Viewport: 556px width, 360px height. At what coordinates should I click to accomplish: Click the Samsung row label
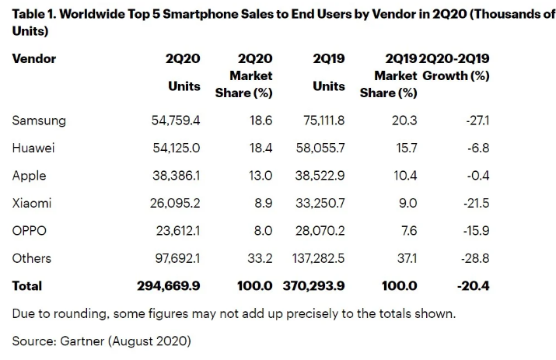39,121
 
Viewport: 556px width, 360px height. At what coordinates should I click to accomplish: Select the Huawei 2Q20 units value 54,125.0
175,148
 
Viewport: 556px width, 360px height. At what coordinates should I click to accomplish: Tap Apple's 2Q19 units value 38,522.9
320,176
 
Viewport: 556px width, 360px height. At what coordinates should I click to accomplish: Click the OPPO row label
30,231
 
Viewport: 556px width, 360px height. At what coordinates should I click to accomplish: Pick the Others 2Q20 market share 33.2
259,258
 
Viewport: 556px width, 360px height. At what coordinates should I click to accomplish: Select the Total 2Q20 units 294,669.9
169,286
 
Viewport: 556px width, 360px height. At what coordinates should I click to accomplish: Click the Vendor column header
34,59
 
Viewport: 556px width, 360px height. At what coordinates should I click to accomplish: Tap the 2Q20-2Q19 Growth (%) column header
456,68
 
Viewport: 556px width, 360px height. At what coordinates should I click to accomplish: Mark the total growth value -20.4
473,286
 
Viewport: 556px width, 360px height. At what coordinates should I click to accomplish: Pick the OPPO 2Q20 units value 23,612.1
176,231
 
